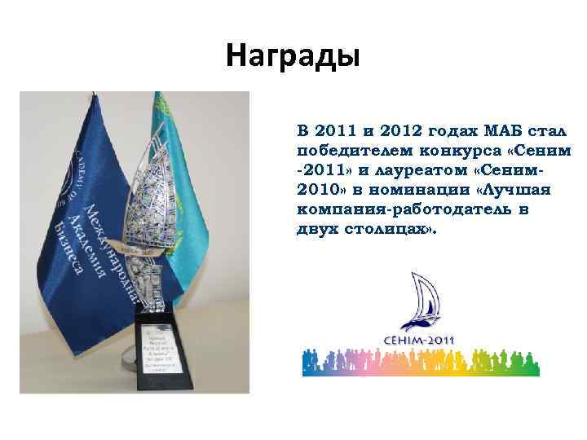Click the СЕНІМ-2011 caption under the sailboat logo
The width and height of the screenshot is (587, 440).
421,340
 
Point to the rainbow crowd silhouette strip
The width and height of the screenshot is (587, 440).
421,362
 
